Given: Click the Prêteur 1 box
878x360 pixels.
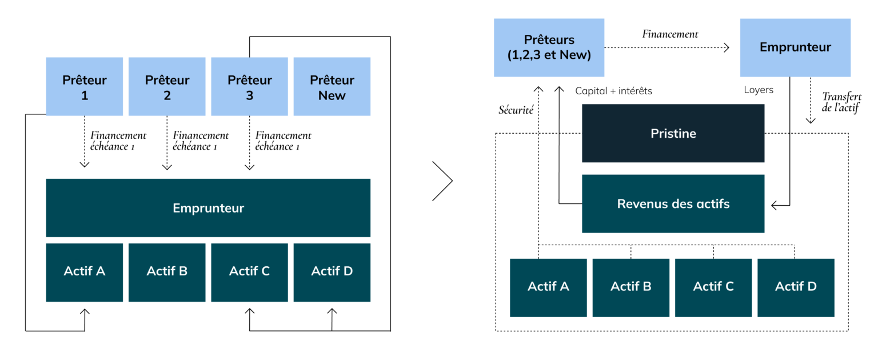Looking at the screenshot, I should click(85, 87).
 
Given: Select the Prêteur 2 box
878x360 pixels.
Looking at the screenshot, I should click(167, 87).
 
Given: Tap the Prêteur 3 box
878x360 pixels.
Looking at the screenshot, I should click(250, 87).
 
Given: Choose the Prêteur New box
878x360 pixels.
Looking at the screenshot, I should click(332, 87).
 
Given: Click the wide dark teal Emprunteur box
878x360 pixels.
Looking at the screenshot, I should click(208, 208).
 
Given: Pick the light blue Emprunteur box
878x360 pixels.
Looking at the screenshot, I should click(795, 47).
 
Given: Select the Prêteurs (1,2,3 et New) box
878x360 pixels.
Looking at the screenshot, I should click(549, 47).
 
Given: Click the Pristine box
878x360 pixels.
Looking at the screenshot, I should click(673, 133).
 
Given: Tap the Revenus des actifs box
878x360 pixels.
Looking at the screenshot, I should click(673, 204).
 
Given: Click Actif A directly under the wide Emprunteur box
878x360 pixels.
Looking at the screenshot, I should click(85, 272).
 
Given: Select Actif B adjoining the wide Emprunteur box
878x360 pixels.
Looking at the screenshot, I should click(167, 272).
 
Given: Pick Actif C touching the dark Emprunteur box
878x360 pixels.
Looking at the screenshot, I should click(250, 272).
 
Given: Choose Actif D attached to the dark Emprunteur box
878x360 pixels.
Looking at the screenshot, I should click(332, 272).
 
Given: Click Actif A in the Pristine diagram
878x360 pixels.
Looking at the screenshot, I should click(548, 287).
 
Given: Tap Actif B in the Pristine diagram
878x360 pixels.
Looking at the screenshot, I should click(631, 287).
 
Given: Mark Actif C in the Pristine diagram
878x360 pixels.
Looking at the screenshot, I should click(713, 287).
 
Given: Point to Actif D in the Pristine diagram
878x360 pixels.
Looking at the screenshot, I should click(796, 287).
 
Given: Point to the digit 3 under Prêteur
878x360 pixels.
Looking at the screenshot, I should click(250, 96).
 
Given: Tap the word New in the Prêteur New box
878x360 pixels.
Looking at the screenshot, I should click(332, 96).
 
